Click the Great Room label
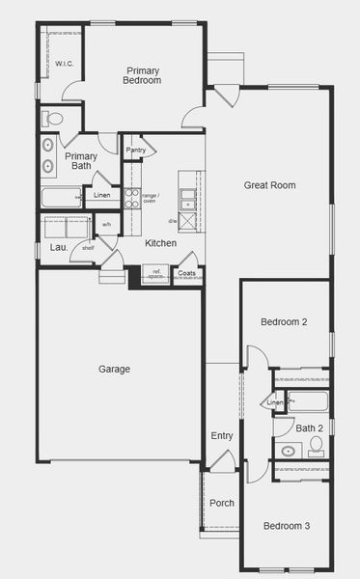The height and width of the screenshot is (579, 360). [269, 185]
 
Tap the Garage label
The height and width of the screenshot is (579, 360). [114, 369]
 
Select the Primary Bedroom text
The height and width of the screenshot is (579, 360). [142, 75]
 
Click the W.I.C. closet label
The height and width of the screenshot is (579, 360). [65, 64]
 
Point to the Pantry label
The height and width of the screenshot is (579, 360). [136, 150]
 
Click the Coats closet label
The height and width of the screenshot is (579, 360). [187, 273]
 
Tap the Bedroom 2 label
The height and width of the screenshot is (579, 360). [284, 322]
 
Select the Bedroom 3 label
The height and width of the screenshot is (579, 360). [287, 526]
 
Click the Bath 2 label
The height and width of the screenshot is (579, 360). [309, 427]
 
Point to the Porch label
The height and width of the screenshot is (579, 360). [222, 503]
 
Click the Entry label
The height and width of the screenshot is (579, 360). [222, 436]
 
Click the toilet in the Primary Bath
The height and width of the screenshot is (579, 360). [53, 119]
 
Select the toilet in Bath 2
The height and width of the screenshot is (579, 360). [317, 446]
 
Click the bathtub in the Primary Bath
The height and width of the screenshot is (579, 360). [61, 198]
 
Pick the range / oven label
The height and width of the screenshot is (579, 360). [150, 198]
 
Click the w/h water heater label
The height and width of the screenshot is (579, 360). [106, 226]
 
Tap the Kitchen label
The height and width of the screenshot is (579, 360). [160, 243]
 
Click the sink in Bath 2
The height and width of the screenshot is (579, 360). [288, 450]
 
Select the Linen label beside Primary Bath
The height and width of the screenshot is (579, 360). [101, 196]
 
